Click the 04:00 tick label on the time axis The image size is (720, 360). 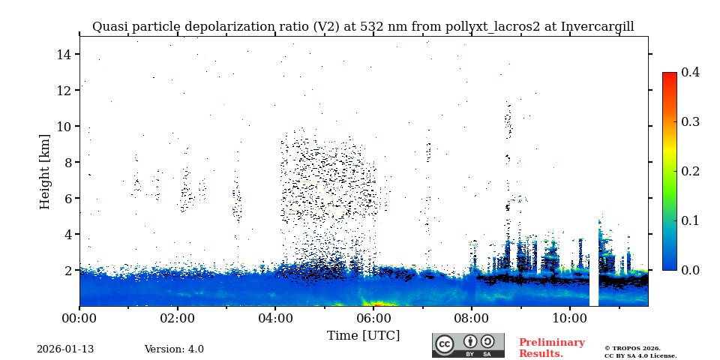click(275, 318)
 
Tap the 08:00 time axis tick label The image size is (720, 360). click(472, 318)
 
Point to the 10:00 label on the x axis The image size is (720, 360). click(570, 318)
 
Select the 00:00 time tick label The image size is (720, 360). click(79, 318)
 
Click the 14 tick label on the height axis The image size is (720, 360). click(63, 54)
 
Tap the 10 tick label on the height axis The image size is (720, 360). click(63, 126)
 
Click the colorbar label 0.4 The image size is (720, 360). click(690, 72)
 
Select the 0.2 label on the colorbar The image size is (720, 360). click(690, 171)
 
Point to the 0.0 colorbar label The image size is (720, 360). click(690, 270)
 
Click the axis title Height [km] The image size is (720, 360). click(45, 171)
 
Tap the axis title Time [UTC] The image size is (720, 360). click(363, 335)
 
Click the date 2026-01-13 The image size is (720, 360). click(65, 349)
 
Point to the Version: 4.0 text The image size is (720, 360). click(174, 349)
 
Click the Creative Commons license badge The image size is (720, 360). click(468, 345)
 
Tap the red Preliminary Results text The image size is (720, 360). click(551, 348)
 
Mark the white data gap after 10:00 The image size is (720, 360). click(594, 285)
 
